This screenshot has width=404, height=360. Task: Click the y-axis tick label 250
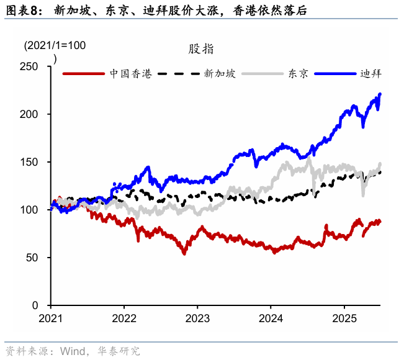pos(30,66)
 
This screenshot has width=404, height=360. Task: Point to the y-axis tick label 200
pos(30,114)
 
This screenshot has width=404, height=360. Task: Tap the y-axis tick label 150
pos(30,162)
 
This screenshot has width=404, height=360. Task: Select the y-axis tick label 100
pos(30,210)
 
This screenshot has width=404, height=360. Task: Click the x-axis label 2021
pos(50,318)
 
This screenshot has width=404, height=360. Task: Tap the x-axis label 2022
pos(123,318)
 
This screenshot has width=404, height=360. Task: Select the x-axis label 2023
pos(197,318)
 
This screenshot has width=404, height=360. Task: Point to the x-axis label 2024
pos(271,318)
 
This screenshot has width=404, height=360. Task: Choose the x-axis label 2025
pos(344,318)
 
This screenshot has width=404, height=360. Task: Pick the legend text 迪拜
pos(371,73)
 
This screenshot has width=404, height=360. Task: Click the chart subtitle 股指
pos(201,50)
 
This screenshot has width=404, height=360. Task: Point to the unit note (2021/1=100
pos(55,46)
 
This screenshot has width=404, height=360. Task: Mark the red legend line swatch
pos(84,73)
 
